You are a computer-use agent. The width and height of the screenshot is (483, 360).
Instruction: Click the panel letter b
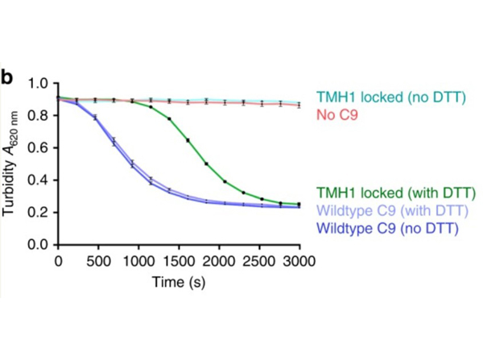(x=7, y=77)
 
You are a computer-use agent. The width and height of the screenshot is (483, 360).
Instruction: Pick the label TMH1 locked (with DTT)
(x=397, y=193)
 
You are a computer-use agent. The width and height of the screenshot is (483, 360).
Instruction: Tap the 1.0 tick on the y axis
(x=39, y=83)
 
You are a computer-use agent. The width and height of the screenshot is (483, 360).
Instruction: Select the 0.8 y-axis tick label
(x=39, y=115)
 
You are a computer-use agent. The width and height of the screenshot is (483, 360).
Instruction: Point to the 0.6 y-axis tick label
(x=39, y=147)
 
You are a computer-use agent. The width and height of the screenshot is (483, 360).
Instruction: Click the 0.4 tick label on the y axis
(x=39, y=180)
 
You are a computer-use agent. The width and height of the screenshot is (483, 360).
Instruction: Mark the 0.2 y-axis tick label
(x=39, y=212)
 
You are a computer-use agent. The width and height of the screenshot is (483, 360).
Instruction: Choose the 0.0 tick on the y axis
(x=39, y=244)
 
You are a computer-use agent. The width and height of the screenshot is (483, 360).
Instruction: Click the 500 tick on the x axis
(x=97, y=261)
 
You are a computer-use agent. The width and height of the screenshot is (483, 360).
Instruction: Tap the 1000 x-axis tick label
(x=138, y=261)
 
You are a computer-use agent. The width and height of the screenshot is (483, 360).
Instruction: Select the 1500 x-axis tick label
(x=177, y=261)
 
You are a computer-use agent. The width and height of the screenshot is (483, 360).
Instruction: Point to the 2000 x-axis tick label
(x=217, y=261)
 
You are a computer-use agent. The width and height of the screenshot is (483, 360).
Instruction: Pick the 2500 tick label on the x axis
(x=258, y=261)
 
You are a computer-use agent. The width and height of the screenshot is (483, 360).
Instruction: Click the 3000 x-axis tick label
(x=297, y=261)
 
